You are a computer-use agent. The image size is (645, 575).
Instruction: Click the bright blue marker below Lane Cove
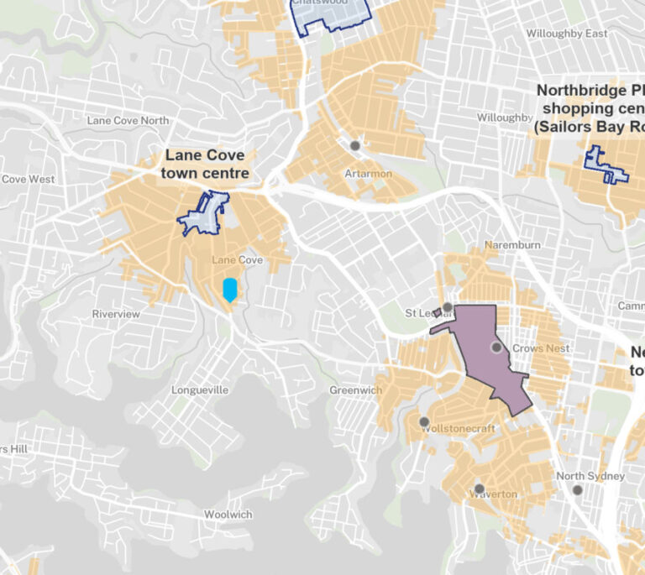tap(229, 290)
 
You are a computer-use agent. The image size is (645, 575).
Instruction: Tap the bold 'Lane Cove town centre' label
tap(206, 165)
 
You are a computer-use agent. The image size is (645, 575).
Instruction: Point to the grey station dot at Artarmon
tap(355, 145)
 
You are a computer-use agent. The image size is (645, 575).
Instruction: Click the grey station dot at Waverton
tap(479, 489)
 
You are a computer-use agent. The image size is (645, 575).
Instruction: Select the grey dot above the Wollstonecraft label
tap(424, 421)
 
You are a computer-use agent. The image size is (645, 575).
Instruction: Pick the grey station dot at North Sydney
tap(577, 489)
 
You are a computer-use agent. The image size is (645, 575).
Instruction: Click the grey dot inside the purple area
tap(496, 347)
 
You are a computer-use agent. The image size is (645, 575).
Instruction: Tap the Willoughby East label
tap(566, 34)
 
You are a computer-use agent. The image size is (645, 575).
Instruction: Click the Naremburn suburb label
tap(512, 245)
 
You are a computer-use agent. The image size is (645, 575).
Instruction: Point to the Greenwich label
tap(355, 390)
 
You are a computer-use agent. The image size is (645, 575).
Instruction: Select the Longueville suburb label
tap(200, 390)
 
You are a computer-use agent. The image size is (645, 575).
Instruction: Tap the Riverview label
tap(116, 314)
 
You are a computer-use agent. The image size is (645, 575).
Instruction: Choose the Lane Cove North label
tap(128, 120)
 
